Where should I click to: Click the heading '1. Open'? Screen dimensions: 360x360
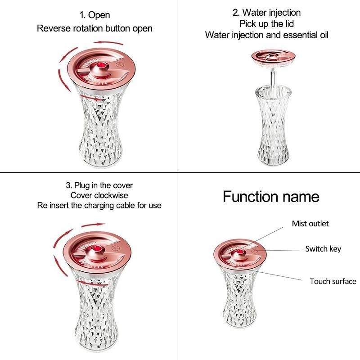(94, 15)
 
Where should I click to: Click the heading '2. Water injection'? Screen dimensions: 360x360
(266, 13)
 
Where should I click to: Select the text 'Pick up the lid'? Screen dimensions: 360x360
(266, 24)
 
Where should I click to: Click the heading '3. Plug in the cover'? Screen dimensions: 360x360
(99, 185)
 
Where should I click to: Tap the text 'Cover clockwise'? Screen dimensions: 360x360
(99, 195)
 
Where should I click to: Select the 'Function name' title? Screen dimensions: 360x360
(271, 197)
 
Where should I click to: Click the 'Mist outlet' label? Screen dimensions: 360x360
(310, 224)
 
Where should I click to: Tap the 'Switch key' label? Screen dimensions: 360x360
(323, 249)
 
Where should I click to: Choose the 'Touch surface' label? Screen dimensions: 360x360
(333, 282)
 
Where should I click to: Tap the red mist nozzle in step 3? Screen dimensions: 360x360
(96, 249)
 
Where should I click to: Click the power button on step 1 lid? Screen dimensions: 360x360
(119, 65)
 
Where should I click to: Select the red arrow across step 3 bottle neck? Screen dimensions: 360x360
(92, 283)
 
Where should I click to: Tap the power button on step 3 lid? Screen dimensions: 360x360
(115, 248)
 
